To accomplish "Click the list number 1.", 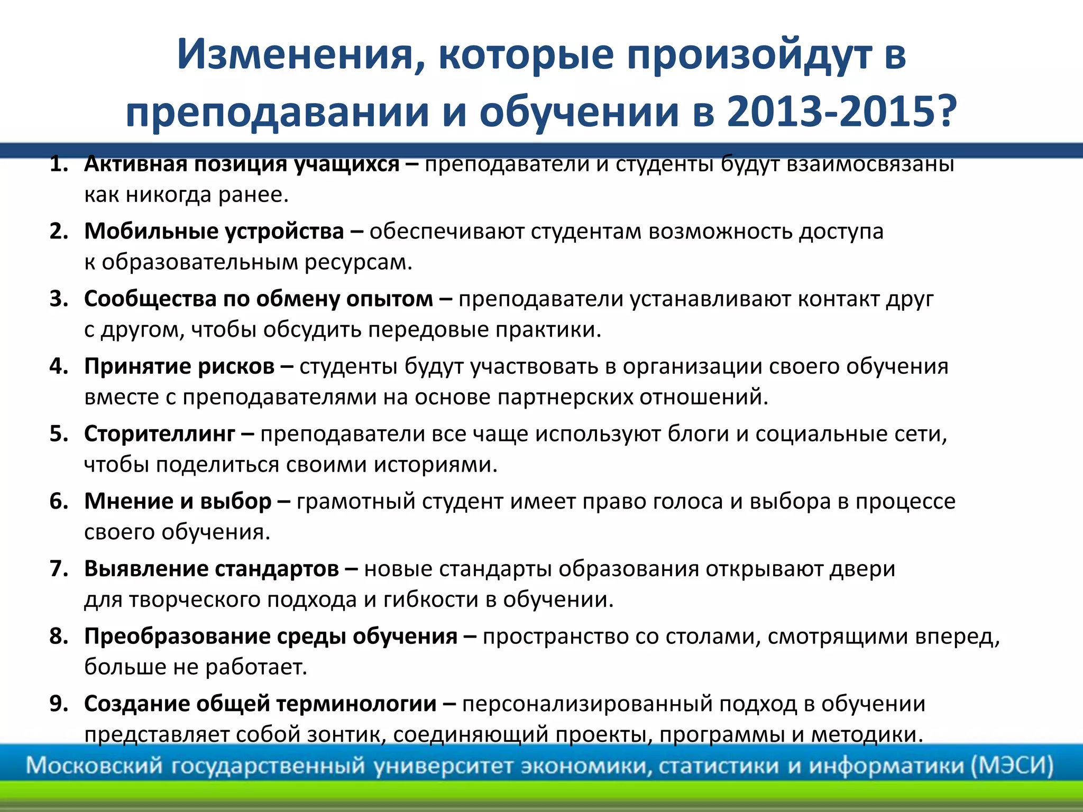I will click(x=58, y=164).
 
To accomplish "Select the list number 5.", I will click(x=58, y=434).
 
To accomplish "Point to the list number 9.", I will click(x=58, y=704).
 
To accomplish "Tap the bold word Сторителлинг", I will click(x=159, y=434).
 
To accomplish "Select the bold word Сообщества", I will click(x=150, y=299).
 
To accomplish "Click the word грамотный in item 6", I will click(x=356, y=502).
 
